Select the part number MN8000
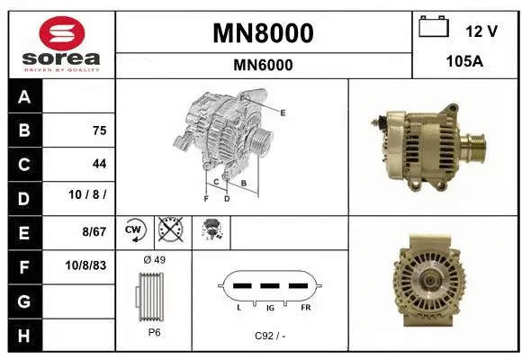click(x=263, y=33)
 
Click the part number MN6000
click(x=263, y=65)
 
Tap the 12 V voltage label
click(x=481, y=31)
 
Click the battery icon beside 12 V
click(x=435, y=28)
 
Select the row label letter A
click(x=23, y=97)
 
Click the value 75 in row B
click(x=99, y=130)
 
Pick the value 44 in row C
click(x=99, y=164)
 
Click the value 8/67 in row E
click(x=93, y=231)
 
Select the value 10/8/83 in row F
click(x=87, y=266)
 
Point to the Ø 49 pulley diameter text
click(x=154, y=260)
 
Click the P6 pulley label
click(x=154, y=331)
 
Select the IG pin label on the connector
click(x=269, y=307)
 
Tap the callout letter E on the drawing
click(x=283, y=112)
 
